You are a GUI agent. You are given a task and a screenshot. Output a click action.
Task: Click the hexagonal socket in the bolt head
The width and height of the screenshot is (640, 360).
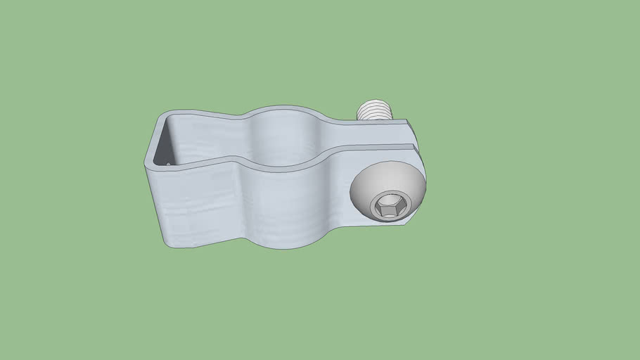tap(388, 207)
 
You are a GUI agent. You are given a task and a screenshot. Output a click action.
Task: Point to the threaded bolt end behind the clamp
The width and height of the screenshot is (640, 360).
tap(376, 111)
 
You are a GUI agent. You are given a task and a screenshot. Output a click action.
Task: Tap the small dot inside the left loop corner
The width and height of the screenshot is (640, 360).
tap(169, 164)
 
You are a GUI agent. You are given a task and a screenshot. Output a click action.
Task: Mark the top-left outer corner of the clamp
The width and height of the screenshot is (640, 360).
tap(160, 114)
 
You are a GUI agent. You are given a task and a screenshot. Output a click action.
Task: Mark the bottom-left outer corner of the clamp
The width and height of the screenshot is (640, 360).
tap(167, 245)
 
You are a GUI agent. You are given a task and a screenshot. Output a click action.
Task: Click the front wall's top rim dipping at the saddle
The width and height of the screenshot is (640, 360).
tap(281, 168)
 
